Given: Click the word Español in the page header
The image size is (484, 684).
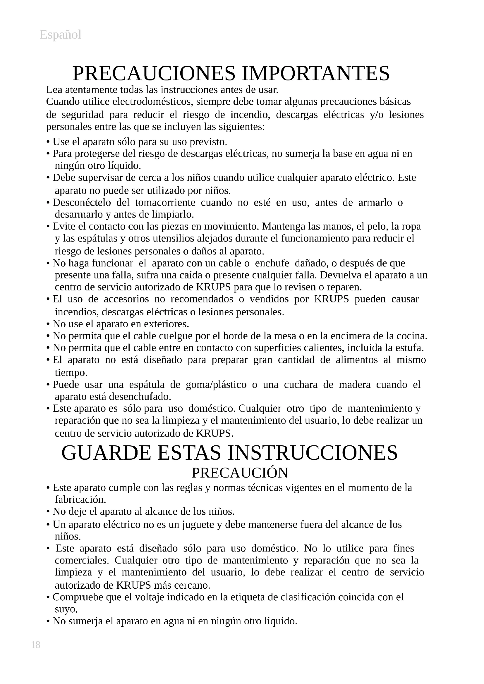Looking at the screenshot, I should point(61,35).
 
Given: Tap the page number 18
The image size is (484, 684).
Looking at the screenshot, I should point(35,645).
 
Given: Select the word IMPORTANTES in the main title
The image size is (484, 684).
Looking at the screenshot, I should point(316,73).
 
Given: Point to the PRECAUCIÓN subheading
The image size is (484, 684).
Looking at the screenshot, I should point(240,473).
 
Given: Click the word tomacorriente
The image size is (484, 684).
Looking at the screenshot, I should point(165,203).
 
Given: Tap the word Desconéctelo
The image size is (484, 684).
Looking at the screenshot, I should point(82,203).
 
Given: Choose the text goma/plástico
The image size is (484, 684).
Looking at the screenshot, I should point(216,385).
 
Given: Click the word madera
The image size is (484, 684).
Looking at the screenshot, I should point(355,385).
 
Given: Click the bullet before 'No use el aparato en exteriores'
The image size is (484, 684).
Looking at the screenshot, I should point(48,324).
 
